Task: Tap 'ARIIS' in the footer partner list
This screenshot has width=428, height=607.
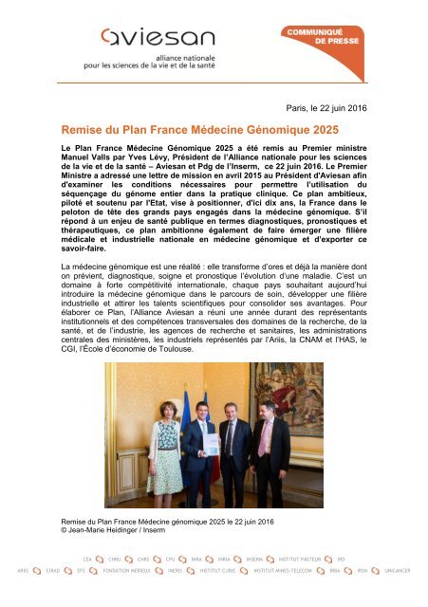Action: click(x=27, y=575)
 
